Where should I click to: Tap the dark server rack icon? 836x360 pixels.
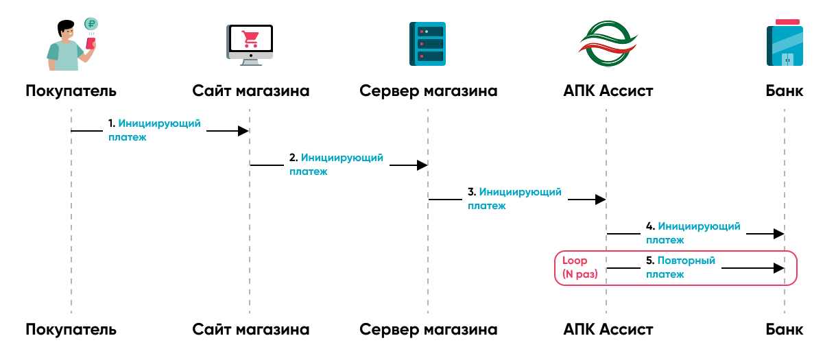tap(427, 44)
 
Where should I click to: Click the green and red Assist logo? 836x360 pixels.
tap(606, 44)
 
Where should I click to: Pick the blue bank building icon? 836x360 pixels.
tap(785, 44)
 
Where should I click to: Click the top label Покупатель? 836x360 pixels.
tap(71, 91)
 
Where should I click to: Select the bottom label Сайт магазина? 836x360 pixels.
tap(250, 329)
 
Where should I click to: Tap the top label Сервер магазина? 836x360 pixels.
tap(428, 91)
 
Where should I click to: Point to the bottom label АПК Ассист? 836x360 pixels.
tap(606, 329)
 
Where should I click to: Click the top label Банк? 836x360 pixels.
tap(785, 91)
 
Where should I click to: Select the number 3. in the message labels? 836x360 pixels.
tap(471, 192)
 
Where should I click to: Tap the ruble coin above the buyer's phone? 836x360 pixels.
tap(91, 24)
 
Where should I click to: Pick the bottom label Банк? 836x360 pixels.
tap(785, 329)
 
